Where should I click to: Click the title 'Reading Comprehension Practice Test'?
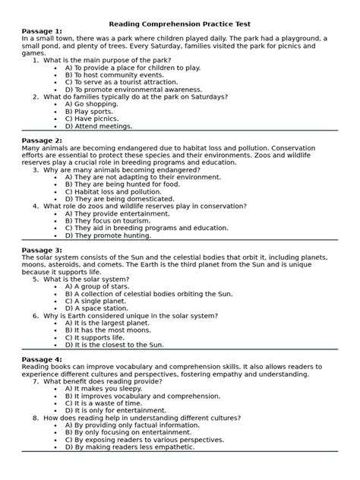(x=179, y=25)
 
